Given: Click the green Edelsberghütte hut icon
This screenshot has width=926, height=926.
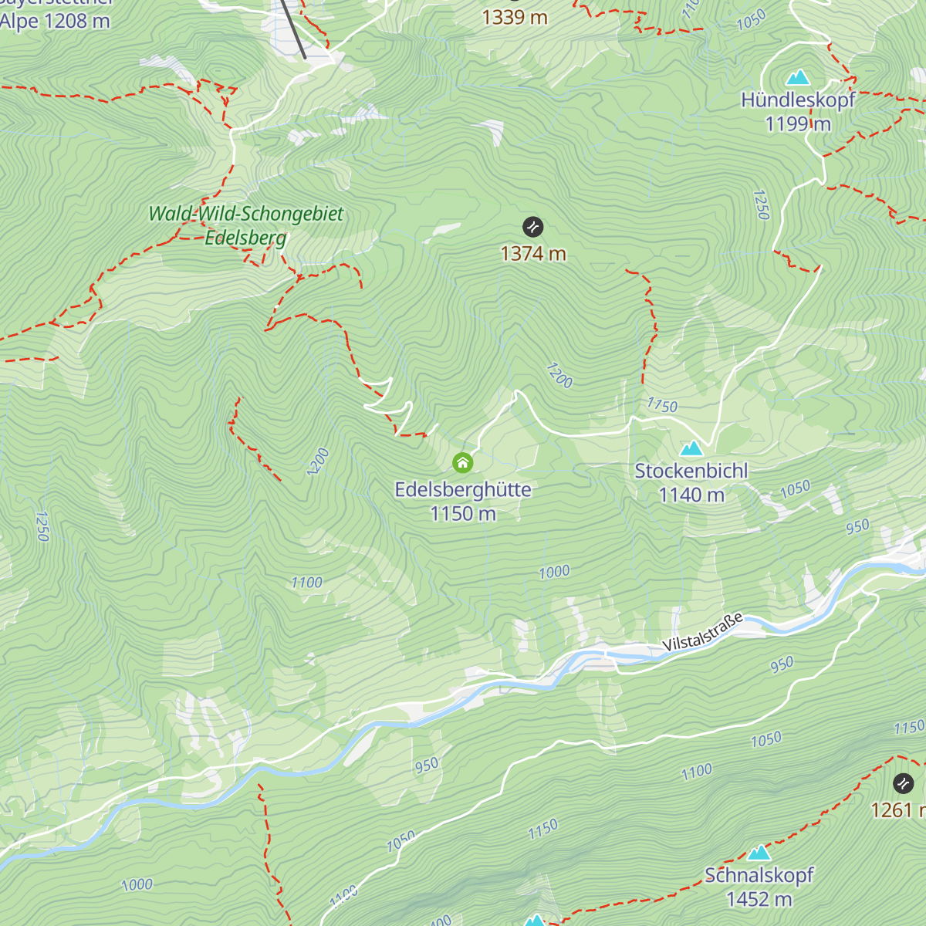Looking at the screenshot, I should pos(462,462).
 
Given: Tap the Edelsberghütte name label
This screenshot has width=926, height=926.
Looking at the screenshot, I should pos(463,490).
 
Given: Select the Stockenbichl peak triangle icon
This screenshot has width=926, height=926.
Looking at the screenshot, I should pos(691,448).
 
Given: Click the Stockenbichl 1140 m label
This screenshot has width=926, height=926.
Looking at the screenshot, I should pos(691,482).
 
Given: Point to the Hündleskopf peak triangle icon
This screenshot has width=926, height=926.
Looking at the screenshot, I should pos(798,77).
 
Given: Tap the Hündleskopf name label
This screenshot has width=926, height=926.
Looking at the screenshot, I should pos(798,100).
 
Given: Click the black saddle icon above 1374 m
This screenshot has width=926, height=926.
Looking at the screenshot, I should pos(533,227).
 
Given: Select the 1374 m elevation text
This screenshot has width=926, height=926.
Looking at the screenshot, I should pos(533,254).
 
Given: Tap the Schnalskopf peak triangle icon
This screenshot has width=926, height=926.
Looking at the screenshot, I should pos(759,853).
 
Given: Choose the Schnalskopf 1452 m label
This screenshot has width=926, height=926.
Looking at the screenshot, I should pos(759,887).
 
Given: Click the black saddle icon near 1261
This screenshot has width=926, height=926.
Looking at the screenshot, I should pos(903,784).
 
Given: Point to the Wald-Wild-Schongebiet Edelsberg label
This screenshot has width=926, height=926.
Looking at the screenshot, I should pos(245,225).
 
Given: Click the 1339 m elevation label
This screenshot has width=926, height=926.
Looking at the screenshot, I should pos(515,17).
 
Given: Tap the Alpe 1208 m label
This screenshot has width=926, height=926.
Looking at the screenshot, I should pos(55,21).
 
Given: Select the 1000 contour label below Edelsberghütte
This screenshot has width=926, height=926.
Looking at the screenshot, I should pos(554,572).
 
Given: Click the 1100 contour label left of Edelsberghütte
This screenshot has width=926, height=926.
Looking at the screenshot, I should pos(306,583).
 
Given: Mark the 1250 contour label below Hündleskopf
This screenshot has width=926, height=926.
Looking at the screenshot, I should pos(762,204).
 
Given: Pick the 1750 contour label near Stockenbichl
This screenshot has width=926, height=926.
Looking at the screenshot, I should pos(662,405).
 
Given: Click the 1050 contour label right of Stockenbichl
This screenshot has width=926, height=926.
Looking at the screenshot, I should pos(795,488).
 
